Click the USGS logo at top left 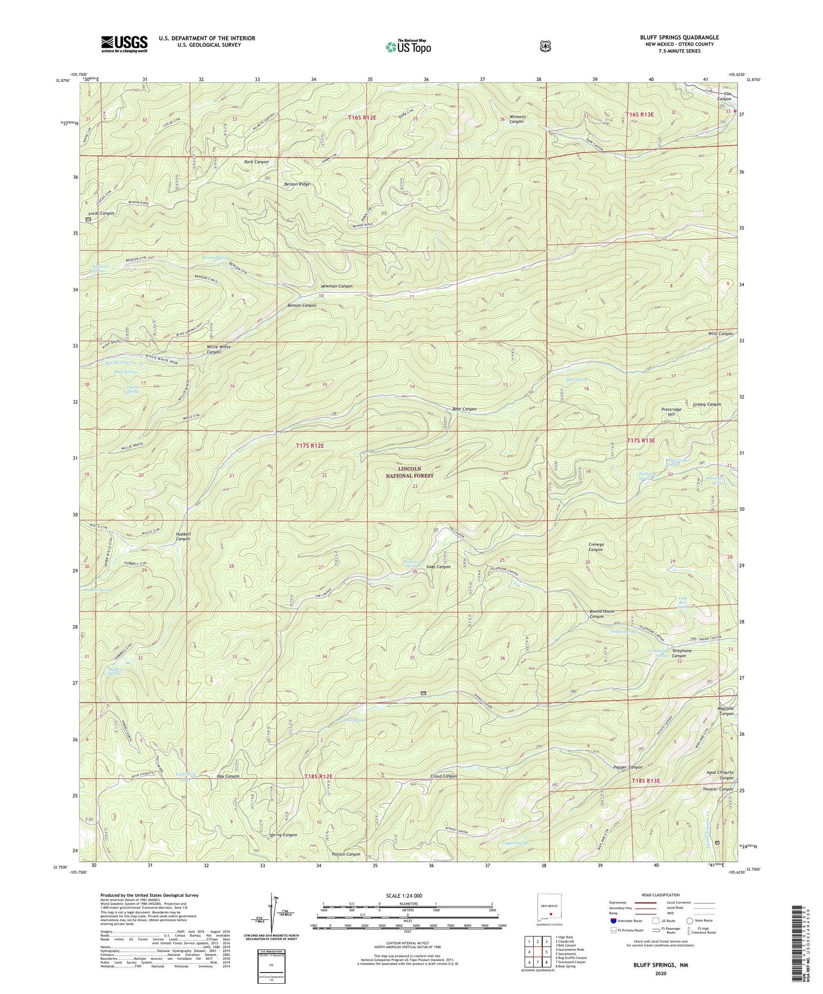click(x=124, y=43)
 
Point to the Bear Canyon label click(x=464, y=409)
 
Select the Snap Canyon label click(x=438, y=567)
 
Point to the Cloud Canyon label click(x=444, y=777)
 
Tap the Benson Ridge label click(x=297, y=184)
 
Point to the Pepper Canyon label click(x=628, y=767)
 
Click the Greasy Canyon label click(x=707, y=404)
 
